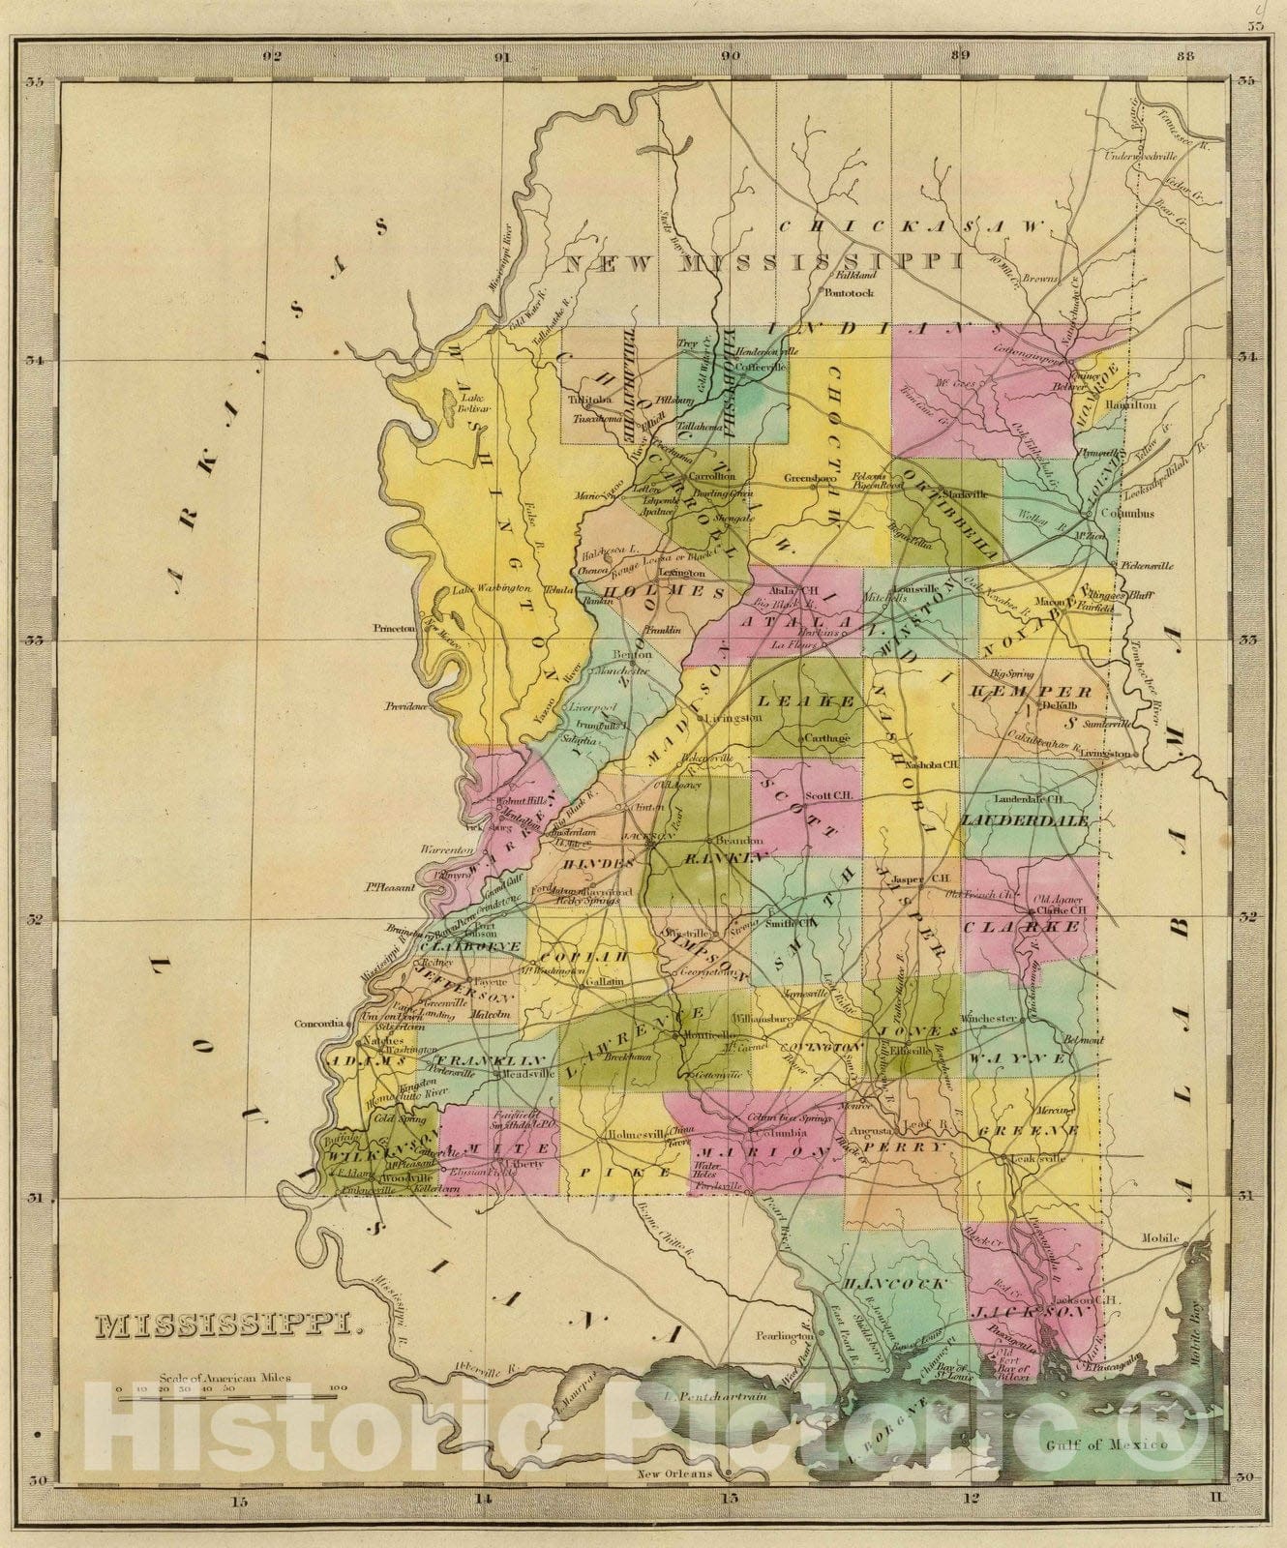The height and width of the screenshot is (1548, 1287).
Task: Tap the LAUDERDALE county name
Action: point(1025,820)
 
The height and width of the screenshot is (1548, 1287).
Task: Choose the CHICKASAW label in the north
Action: point(913,226)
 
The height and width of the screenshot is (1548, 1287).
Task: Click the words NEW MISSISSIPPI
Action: point(763,262)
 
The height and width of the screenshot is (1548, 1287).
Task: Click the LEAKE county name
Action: point(805,700)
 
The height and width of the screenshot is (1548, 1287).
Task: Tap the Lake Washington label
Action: point(492,588)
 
